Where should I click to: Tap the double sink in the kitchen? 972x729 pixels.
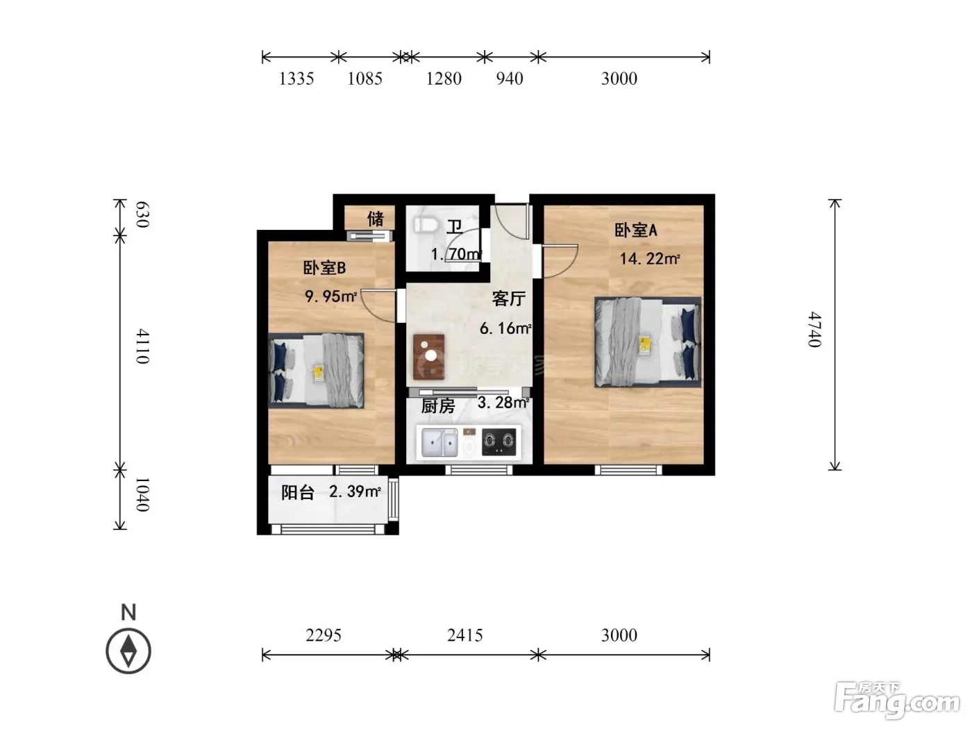(439, 442)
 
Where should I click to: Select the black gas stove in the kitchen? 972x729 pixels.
(499, 442)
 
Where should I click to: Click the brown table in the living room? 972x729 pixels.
(428, 357)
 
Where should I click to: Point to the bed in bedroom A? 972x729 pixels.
(648, 342)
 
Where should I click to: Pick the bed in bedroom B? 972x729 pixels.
(316, 371)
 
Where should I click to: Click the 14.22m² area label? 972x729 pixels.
(649, 258)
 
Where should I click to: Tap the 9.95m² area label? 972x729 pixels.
(330, 296)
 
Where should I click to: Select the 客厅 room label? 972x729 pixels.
(508, 299)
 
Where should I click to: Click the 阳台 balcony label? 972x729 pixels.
(298, 492)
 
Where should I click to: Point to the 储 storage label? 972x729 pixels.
(375, 219)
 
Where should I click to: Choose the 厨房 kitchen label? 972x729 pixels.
(437, 406)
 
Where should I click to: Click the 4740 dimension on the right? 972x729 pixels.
(814, 329)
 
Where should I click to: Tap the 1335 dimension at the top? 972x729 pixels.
(296, 78)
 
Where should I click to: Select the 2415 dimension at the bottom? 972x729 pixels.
(465, 635)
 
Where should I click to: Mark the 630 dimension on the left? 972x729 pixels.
(142, 215)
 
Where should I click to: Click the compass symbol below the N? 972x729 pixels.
(128, 651)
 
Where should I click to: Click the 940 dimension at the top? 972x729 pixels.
(510, 78)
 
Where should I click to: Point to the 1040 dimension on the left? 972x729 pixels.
(142, 494)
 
